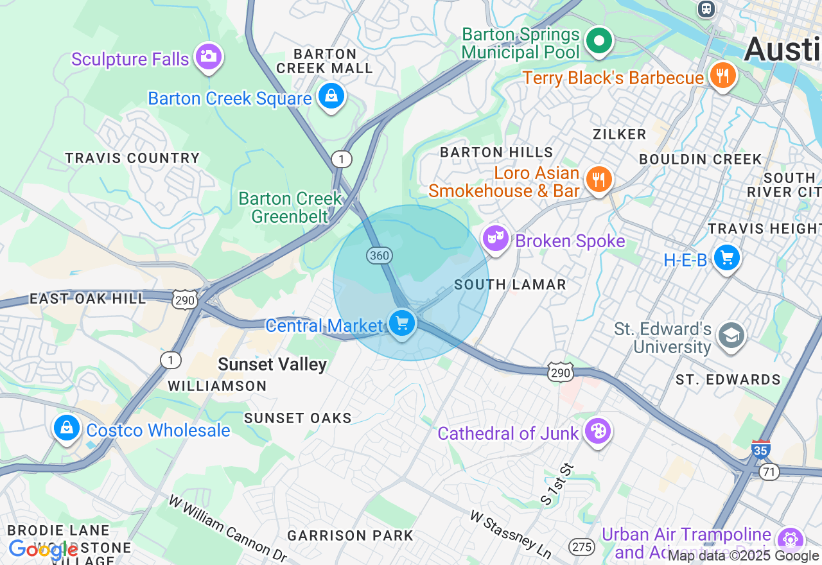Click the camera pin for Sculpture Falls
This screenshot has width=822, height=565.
coord(207,56)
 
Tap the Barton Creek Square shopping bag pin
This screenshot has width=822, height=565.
coord(331,96)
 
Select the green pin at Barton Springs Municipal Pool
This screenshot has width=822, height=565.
coord(599,41)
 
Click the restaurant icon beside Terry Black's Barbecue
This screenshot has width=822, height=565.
coord(722,76)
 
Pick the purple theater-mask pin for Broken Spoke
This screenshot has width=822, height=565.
coord(495,239)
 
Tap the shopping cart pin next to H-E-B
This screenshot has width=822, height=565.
coord(726,258)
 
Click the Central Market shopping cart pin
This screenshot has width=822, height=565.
coord(402,323)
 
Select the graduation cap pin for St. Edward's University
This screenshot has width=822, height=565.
coord(731,336)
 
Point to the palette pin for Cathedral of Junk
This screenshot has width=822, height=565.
coord(597,431)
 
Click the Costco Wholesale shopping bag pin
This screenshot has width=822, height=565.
coord(66,428)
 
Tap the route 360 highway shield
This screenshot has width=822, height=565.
coord(380,256)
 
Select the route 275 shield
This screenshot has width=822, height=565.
coord(581,547)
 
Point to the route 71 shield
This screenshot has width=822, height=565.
coord(769,472)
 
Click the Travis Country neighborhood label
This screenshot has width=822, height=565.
coord(133,158)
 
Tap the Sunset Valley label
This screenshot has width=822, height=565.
coord(272,365)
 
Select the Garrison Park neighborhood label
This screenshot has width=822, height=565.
coord(350,535)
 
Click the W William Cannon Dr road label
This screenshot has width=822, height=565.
coord(227,528)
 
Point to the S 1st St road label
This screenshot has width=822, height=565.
coord(556,483)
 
